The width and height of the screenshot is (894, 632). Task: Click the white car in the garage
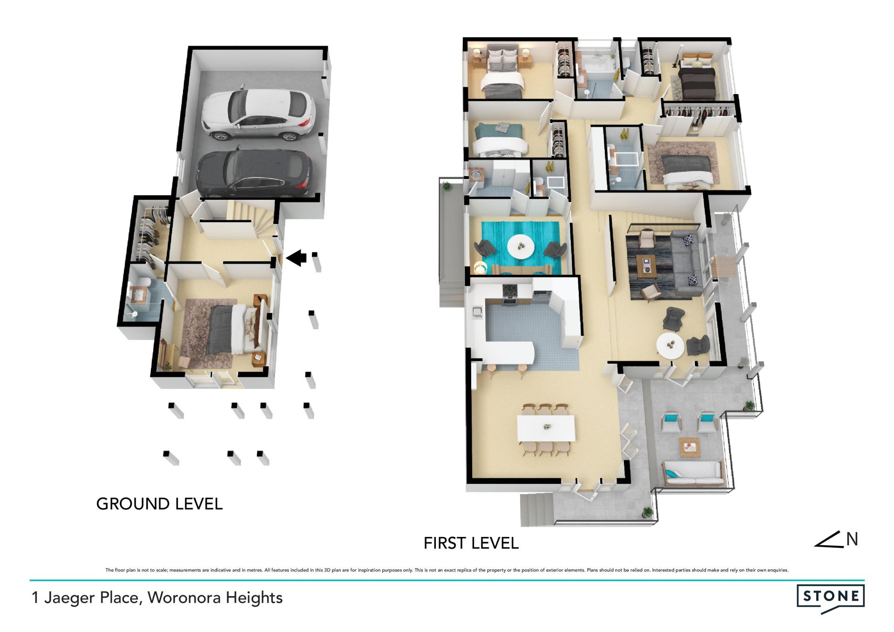tap(258, 113)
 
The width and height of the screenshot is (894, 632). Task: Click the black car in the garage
tap(254, 173)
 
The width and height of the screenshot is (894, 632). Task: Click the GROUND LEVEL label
tap(159, 504)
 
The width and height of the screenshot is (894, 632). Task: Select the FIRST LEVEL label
tap(471, 543)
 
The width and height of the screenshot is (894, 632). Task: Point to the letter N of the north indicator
tap(852, 539)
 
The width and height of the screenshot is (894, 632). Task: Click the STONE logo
tap(830, 598)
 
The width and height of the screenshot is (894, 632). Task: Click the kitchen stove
tap(510, 295)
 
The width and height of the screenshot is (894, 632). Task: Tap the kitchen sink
tap(476, 311)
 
